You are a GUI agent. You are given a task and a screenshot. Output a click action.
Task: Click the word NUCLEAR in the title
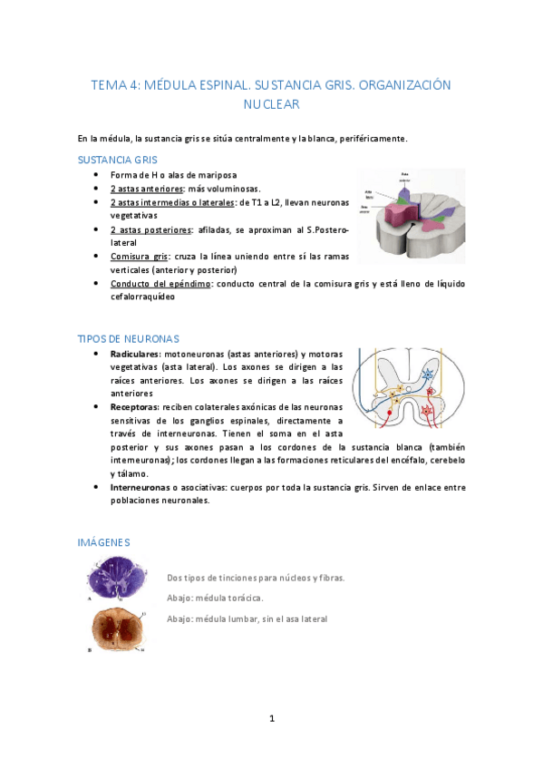271,104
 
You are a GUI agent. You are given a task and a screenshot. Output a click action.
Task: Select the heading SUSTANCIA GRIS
118,159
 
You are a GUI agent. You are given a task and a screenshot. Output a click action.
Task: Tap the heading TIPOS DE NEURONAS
128,338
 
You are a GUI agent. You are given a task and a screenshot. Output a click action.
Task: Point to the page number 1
271,718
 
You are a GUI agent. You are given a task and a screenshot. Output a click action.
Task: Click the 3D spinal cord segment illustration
411,210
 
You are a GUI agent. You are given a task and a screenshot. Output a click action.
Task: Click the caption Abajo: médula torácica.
216,599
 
